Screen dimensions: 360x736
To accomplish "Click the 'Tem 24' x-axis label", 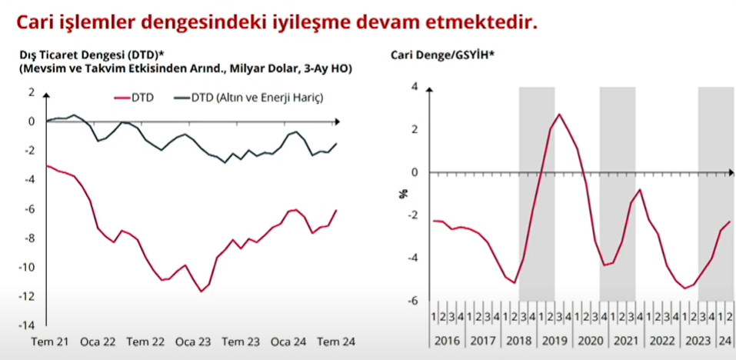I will (x=335, y=342).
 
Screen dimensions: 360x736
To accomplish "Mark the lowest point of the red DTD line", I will (x=201, y=292).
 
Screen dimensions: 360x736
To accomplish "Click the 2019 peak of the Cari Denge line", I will (x=559, y=114).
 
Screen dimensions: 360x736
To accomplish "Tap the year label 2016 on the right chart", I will (x=448, y=339).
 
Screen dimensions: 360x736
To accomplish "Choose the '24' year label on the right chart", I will (x=724, y=339).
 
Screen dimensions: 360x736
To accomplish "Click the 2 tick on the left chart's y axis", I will (x=32, y=92).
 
